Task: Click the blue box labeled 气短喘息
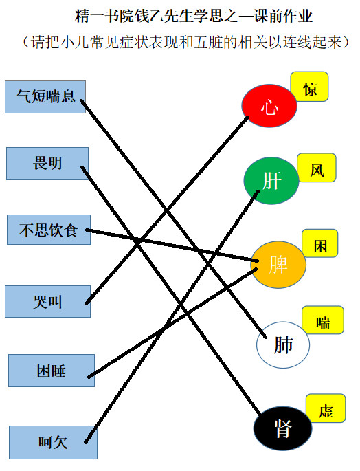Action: (45, 97)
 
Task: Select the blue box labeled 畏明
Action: (47, 164)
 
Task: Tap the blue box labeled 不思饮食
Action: (49, 230)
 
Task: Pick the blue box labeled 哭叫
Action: (47, 301)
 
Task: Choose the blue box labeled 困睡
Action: (52, 371)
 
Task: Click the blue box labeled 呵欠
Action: (53, 442)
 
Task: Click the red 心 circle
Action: (269, 106)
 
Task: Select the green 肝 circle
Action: (271, 181)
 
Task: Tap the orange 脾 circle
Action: (278, 264)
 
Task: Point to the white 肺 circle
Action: (283, 345)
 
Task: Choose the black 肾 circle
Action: (282, 428)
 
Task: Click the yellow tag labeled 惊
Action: (310, 87)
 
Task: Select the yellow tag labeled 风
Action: (317, 168)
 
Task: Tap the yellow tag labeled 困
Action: (320, 243)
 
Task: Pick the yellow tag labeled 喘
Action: (323, 320)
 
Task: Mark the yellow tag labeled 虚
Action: (326, 408)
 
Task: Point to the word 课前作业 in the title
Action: (283, 16)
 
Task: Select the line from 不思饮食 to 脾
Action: (172, 245)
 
